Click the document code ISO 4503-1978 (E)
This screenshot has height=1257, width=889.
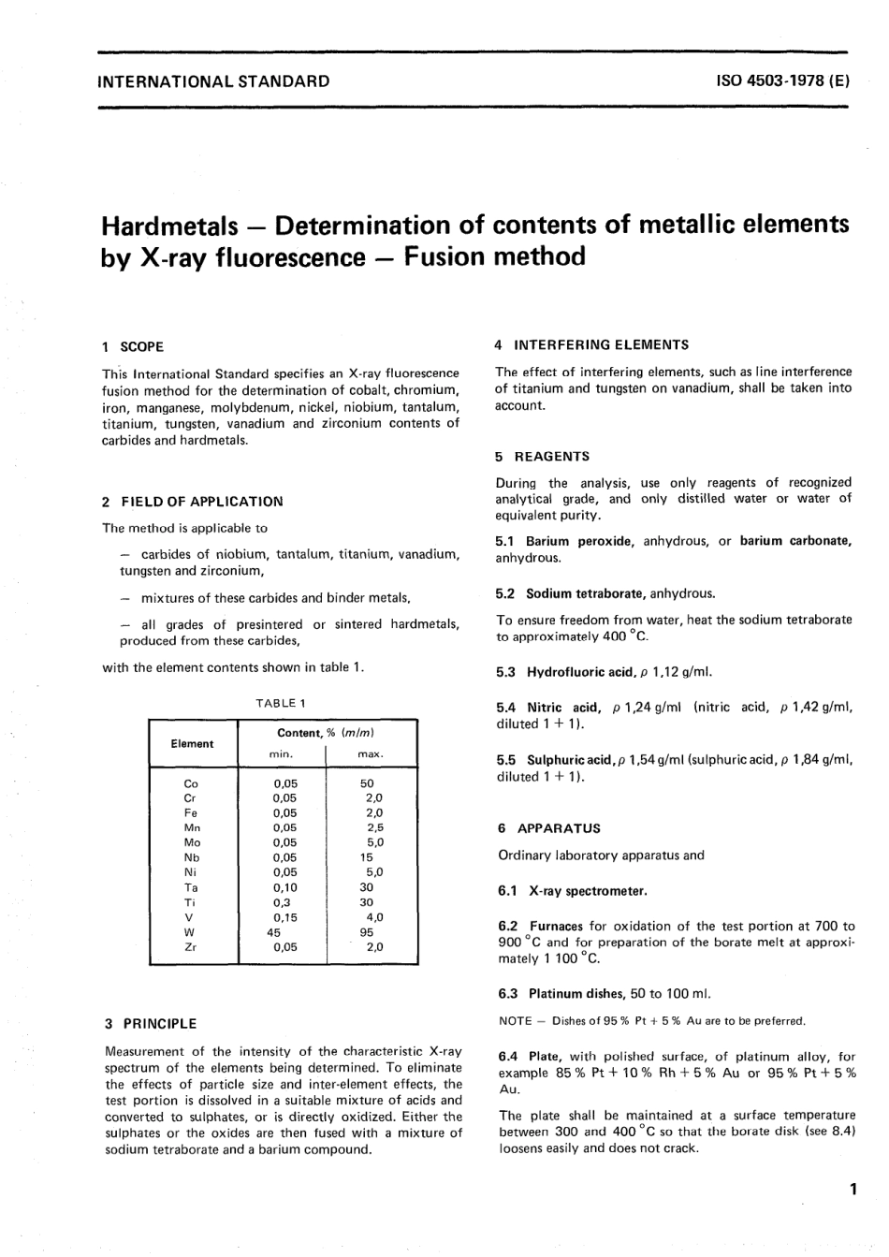point(781,80)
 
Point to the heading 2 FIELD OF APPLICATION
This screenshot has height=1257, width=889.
point(192,502)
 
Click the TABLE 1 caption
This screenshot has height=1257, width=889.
point(281,702)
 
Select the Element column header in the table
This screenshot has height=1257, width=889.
point(192,744)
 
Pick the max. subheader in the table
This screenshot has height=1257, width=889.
point(371,754)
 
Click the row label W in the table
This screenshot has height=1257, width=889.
point(190,932)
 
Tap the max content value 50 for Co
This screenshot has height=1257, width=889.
point(367,783)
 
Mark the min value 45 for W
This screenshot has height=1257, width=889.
point(274,932)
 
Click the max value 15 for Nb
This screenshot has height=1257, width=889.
point(366,857)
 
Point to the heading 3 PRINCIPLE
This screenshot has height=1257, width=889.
point(151,1024)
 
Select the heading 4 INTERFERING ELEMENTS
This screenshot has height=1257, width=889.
point(591,344)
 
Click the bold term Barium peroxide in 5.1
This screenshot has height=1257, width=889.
point(578,541)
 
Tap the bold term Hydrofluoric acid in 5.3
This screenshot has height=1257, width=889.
point(582,672)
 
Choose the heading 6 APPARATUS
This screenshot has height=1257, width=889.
point(548,828)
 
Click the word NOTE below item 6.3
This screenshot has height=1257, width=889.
point(516,1021)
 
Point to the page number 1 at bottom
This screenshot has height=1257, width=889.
point(852,1191)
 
